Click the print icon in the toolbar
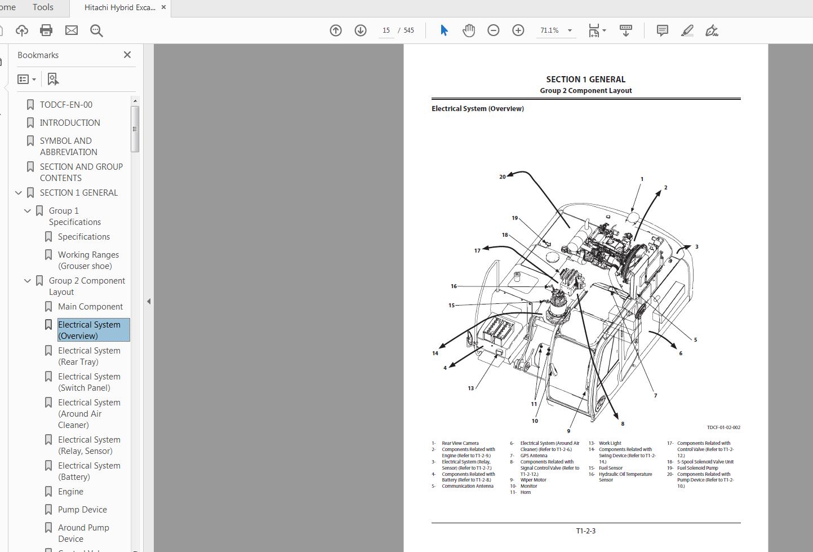(x=46, y=30)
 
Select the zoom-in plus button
(x=518, y=30)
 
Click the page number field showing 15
(x=386, y=30)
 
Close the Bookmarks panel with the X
(x=127, y=55)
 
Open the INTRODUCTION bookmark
(x=70, y=122)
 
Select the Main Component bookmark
(x=90, y=307)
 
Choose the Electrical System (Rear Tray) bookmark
(x=89, y=356)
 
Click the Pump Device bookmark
(x=82, y=509)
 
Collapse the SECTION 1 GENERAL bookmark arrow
(x=19, y=193)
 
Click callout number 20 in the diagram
(x=503, y=177)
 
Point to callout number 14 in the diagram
(x=435, y=354)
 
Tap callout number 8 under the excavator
(x=623, y=424)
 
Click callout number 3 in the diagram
(x=696, y=247)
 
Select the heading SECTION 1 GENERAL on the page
(x=585, y=80)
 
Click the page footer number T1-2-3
(x=585, y=531)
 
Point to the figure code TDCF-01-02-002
(x=723, y=427)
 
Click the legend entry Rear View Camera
(x=460, y=443)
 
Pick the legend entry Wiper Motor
(x=533, y=480)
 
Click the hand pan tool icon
(x=469, y=30)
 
